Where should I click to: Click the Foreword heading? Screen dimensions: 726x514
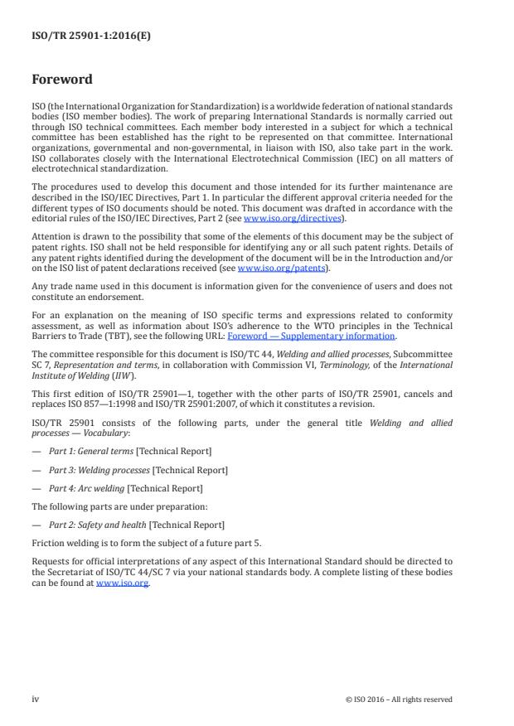coord(61,80)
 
